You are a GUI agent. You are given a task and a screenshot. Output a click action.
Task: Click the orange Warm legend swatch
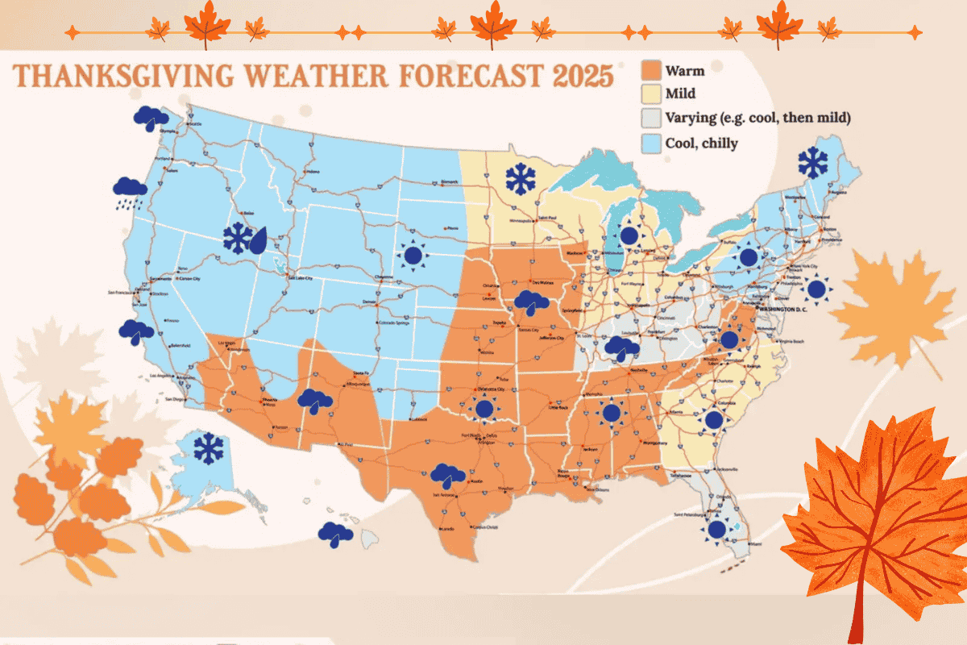(651, 69)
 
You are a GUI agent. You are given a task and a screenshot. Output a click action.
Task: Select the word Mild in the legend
(680, 94)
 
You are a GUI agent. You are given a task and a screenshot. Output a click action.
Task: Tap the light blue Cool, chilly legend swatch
(651, 144)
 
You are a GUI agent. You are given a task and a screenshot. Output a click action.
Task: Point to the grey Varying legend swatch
(651, 119)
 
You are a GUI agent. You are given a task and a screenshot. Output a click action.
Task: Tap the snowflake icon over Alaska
(210, 448)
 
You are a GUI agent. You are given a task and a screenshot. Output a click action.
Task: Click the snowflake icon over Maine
(812, 163)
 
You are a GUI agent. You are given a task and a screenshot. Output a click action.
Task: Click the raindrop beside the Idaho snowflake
(259, 239)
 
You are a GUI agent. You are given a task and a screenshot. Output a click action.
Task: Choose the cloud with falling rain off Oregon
(130, 191)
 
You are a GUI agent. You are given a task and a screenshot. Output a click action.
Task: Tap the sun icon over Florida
(715, 529)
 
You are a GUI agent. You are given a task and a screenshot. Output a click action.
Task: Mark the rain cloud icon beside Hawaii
(335, 534)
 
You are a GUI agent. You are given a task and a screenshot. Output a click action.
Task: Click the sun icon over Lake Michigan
(629, 236)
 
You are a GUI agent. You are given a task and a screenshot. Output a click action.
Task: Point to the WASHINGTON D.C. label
(786, 307)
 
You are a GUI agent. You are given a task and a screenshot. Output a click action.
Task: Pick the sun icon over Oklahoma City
(484, 410)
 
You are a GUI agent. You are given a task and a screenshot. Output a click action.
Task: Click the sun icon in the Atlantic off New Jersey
(817, 288)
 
